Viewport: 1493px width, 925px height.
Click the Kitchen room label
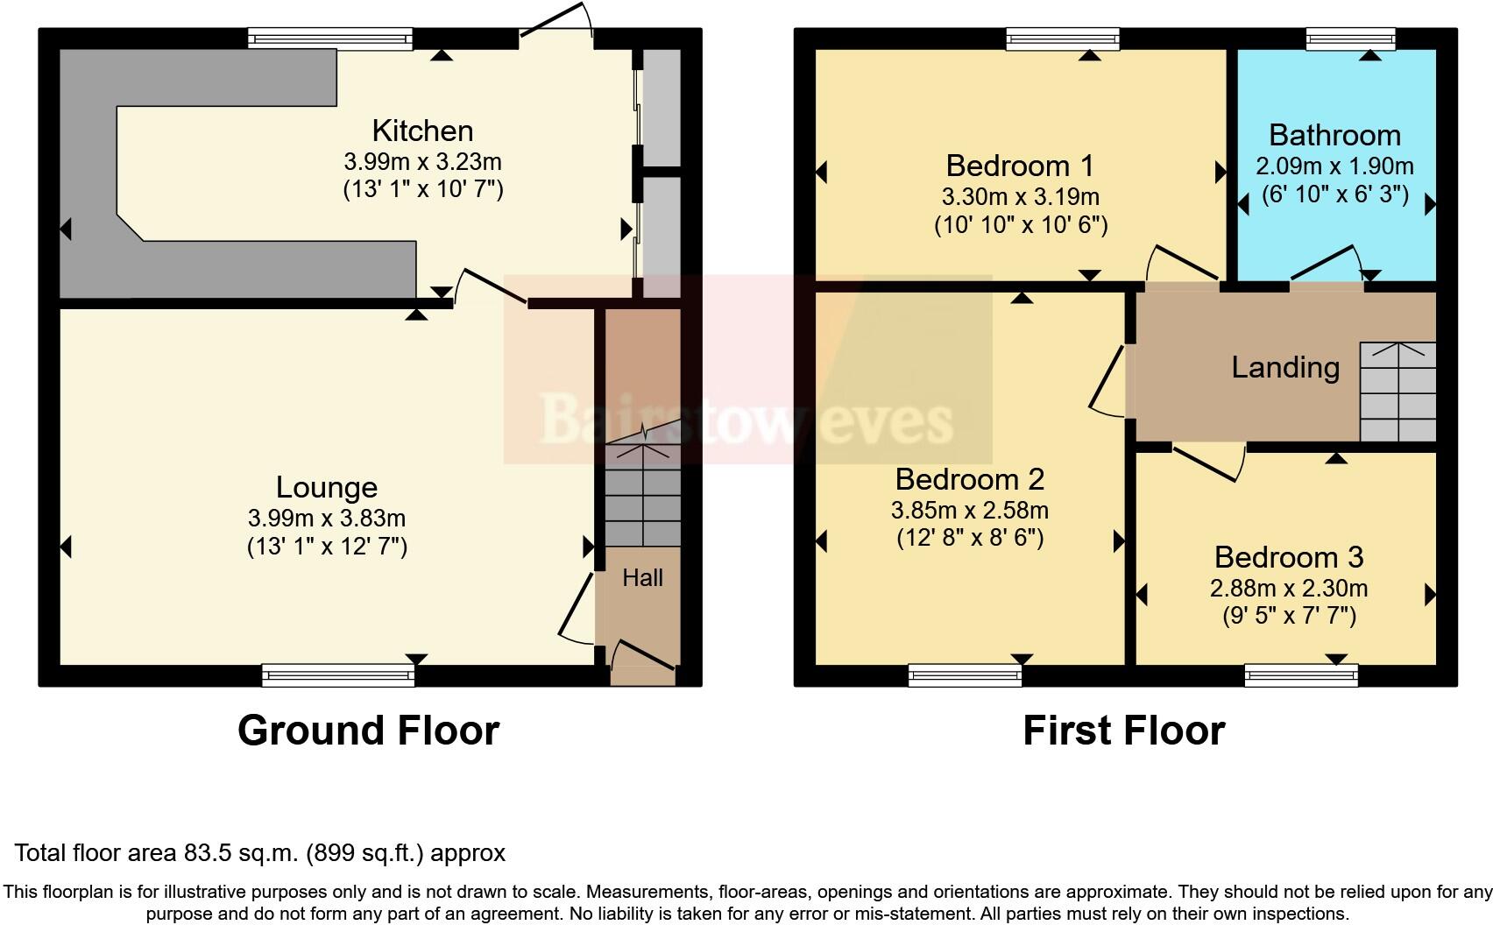(422, 131)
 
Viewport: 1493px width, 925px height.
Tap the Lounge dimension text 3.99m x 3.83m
(327, 518)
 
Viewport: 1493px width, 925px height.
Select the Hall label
(642, 577)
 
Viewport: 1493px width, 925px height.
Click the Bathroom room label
(1334, 135)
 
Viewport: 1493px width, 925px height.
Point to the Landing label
(1285, 367)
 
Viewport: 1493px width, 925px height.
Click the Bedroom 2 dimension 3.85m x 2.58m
(969, 510)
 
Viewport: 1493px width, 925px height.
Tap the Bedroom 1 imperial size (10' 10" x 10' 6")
(1021, 225)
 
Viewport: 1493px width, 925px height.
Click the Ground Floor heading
(368, 731)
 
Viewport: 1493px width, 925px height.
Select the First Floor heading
(1123, 731)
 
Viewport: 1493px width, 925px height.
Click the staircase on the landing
(1397, 392)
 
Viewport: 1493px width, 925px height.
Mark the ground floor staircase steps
(642, 496)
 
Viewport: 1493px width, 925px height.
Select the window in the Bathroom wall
(1349, 39)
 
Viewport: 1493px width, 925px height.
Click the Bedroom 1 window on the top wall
(1063, 39)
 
